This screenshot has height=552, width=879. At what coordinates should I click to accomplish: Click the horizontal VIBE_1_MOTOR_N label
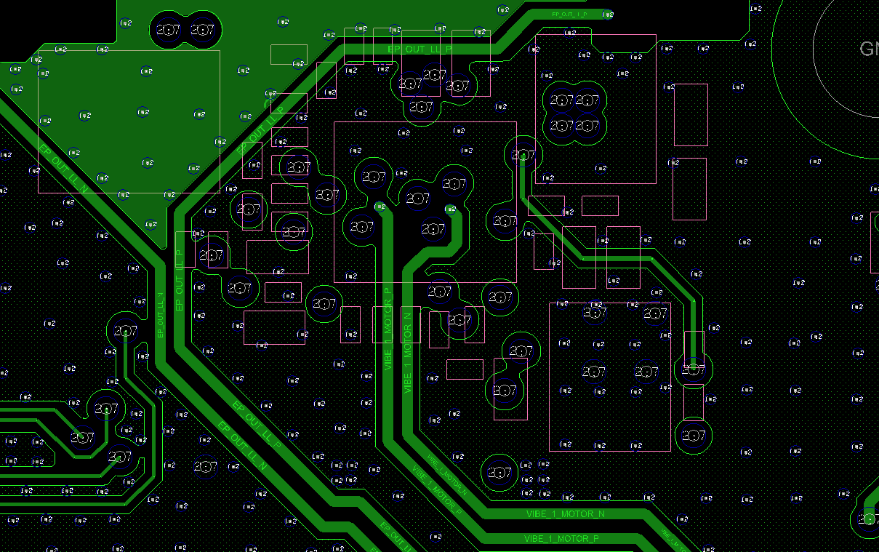pyautogui.click(x=565, y=514)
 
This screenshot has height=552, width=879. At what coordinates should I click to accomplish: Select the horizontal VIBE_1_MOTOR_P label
pyautogui.click(x=561, y=539)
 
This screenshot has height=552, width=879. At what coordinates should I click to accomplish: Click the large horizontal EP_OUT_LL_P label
pyautogui.click(x=420, y=49)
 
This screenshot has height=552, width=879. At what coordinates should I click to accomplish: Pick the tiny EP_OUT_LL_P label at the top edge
pyautogui.click(x=569, y=15)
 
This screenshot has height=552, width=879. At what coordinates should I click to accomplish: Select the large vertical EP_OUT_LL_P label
pyautogui.click(x=180, y=280)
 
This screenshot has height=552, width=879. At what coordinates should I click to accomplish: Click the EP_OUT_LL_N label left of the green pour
pyautogui.click(x=64, y=168)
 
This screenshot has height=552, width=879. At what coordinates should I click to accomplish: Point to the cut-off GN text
pyautogui.click(x=868, y=49)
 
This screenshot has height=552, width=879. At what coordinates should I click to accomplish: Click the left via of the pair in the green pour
pyautogui.click(x=168, y=30)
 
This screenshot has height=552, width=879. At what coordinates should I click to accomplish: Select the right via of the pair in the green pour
pyautogui.click(x=202, y=30)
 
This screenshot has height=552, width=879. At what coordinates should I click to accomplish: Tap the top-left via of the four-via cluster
pyautogui.click(x=561, y=100)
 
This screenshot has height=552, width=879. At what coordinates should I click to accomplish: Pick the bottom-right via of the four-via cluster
pyautogui.click(x=587, y=126)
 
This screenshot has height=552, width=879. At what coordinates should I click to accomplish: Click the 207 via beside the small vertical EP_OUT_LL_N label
pyautogui.click(x=126, y=331)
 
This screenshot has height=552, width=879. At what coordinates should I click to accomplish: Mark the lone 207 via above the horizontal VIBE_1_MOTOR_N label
pyautogui.click(x=499, y=472)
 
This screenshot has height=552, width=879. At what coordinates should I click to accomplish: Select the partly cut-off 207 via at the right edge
pyautogui.click(x=868, y=519)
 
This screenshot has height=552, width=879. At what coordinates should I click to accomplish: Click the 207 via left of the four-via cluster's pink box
pyautogui.click(x=523, y=155)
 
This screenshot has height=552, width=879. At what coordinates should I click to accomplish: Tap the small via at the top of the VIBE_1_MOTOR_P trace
pyautogui.click(x=380, y=207)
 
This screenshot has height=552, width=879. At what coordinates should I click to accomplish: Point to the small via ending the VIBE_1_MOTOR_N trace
pyautogui.click(x=451, y=209)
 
